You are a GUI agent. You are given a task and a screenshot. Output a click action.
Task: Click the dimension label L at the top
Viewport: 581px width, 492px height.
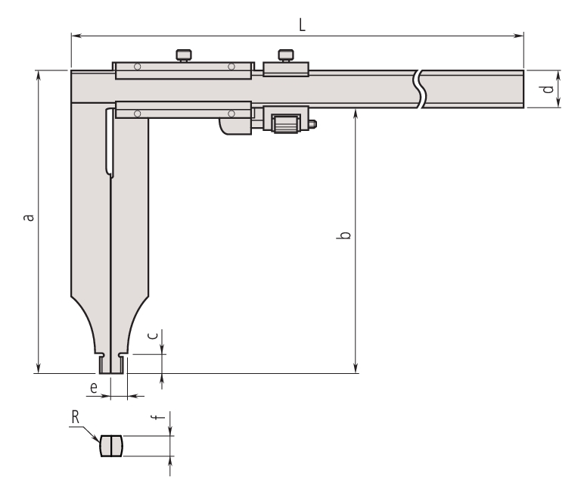pos(302,25)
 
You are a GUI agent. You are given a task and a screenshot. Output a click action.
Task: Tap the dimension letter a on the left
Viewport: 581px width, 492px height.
pos(29,217)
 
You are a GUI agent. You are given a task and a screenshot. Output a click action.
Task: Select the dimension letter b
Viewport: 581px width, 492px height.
pos(344,235)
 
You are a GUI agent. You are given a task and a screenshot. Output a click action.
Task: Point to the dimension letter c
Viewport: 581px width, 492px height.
pos(153,335)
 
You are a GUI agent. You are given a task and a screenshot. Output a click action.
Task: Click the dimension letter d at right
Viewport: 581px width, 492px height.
pos(548,89)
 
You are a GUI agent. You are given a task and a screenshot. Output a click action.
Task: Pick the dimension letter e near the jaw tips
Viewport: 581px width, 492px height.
pos(94,388)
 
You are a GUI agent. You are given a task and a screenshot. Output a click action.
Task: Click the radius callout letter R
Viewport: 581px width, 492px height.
pos(75,417)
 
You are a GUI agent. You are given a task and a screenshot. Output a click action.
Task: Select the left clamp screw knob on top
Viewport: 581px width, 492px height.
pos(184,54)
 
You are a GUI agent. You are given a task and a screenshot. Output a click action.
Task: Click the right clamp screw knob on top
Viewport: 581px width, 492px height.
pos(286,54)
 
